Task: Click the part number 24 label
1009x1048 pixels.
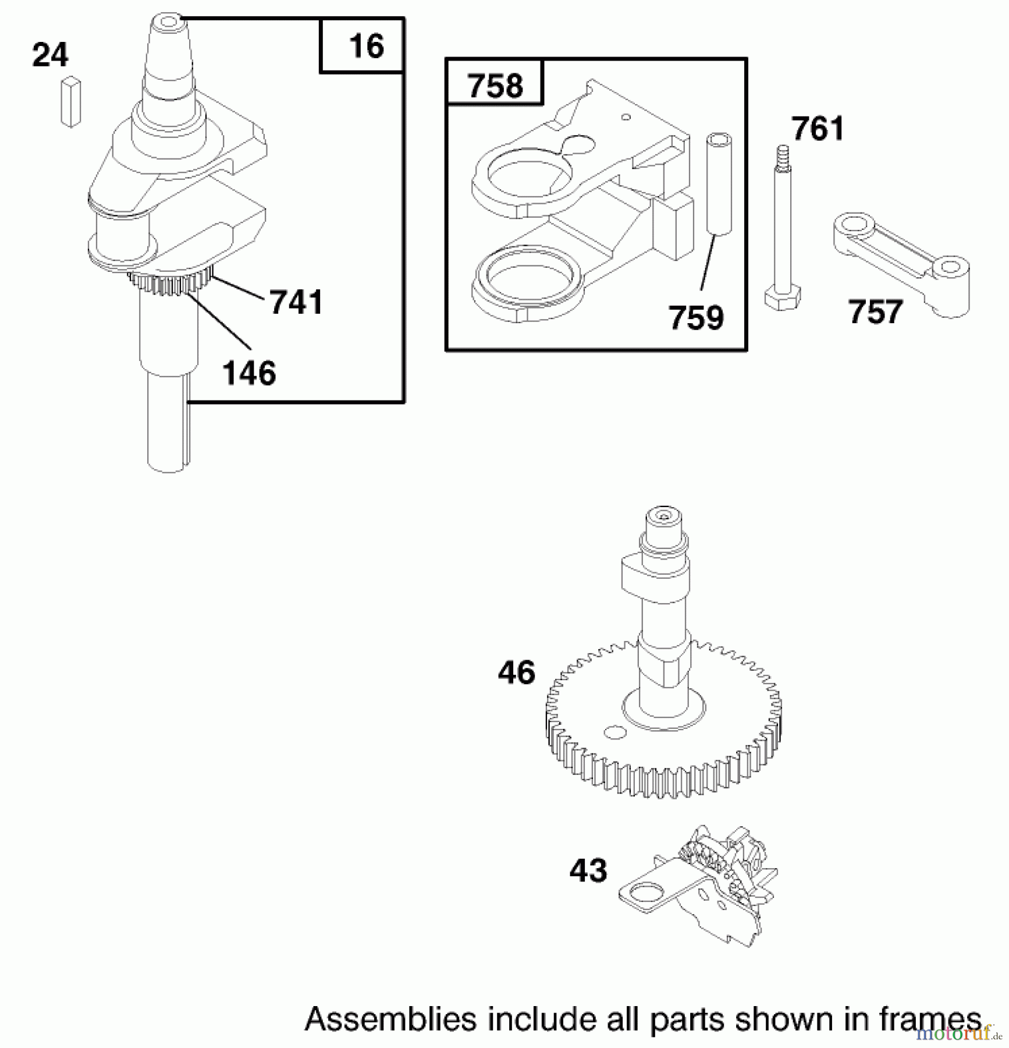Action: (50, 56)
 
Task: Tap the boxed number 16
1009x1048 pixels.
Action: (366, 46)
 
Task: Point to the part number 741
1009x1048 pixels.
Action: (296, 303)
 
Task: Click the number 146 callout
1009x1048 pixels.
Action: (249, 373)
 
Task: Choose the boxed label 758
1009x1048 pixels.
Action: (495, 86)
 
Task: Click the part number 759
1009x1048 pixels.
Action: (696, 318)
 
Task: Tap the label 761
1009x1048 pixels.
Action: (818, 129)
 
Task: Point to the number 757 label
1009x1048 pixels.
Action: (875, 312)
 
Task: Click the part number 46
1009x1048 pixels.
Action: (516, 672)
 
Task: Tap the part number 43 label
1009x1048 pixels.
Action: (588, 871)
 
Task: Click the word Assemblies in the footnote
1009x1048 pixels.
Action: (392, 1019)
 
